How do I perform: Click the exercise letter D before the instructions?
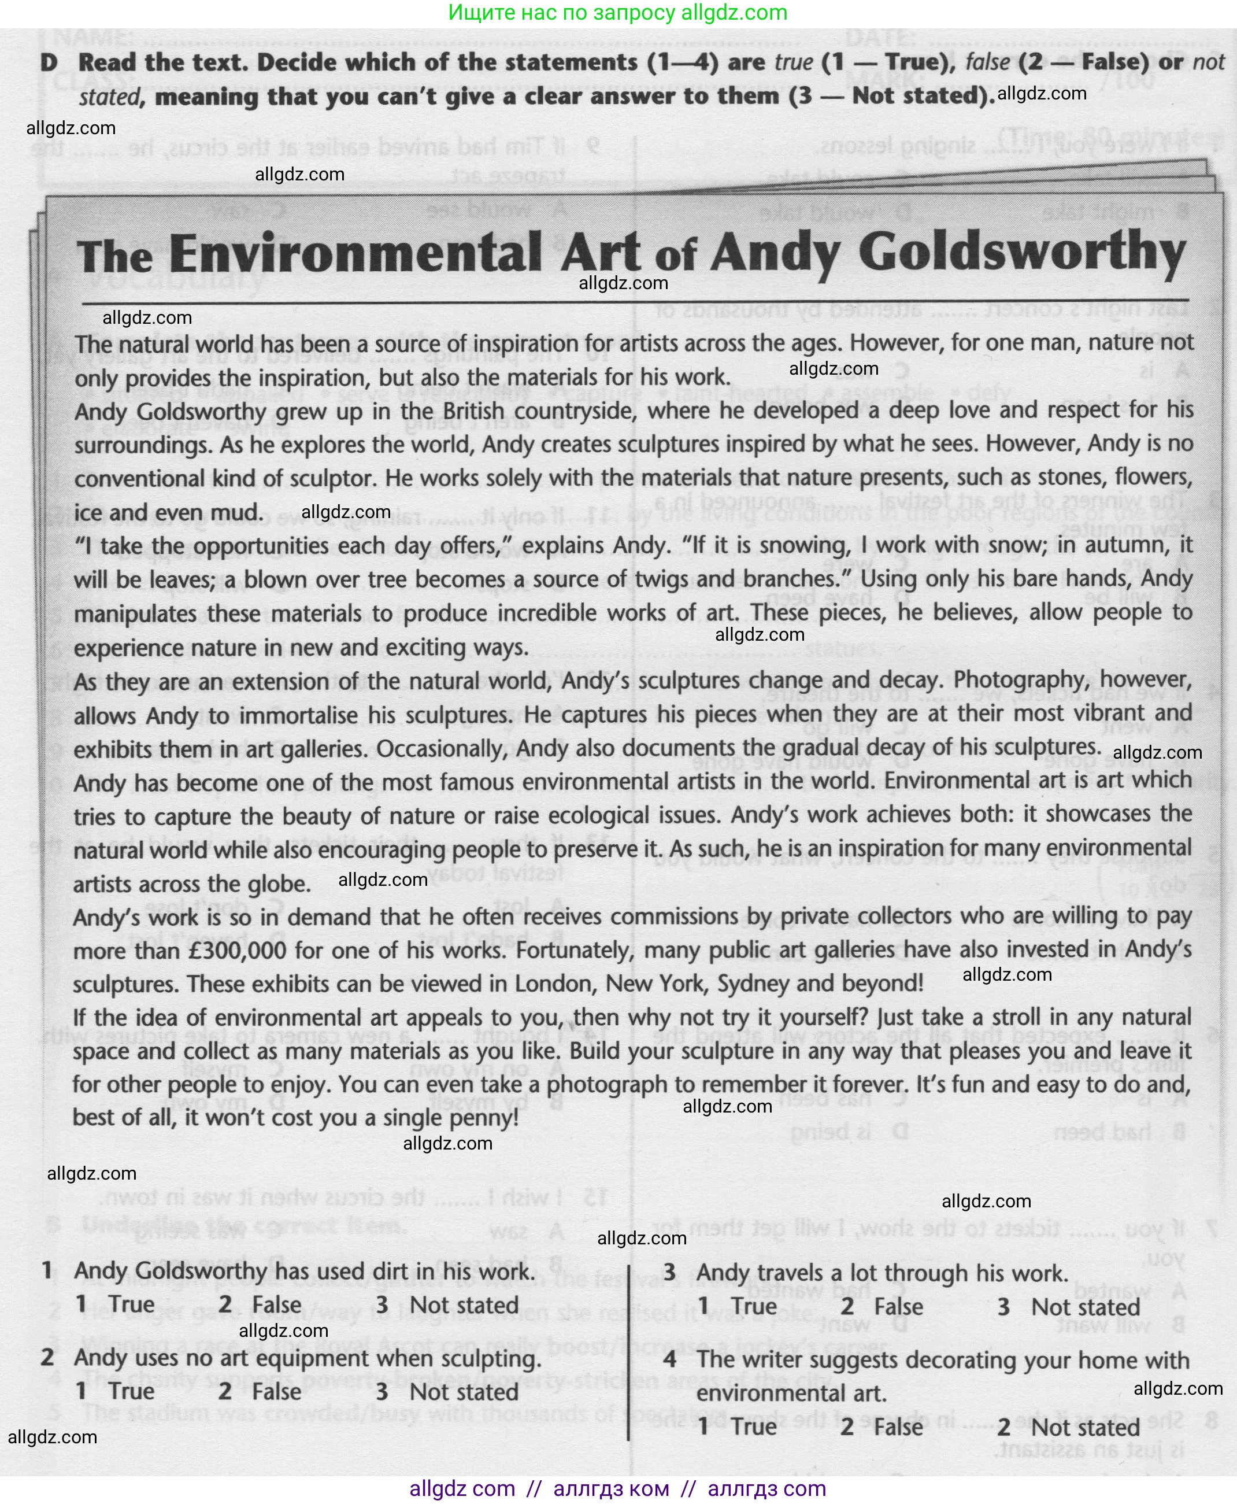(49, 62)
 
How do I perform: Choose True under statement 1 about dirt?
(131, 1305)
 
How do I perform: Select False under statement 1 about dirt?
(276, 1305)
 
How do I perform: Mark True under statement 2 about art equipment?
(131, 1391)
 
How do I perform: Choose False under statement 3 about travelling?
(898, 1307)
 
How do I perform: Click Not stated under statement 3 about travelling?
(1085, 1307)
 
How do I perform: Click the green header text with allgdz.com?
(618, 13)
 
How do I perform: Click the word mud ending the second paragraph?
(239, 512)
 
